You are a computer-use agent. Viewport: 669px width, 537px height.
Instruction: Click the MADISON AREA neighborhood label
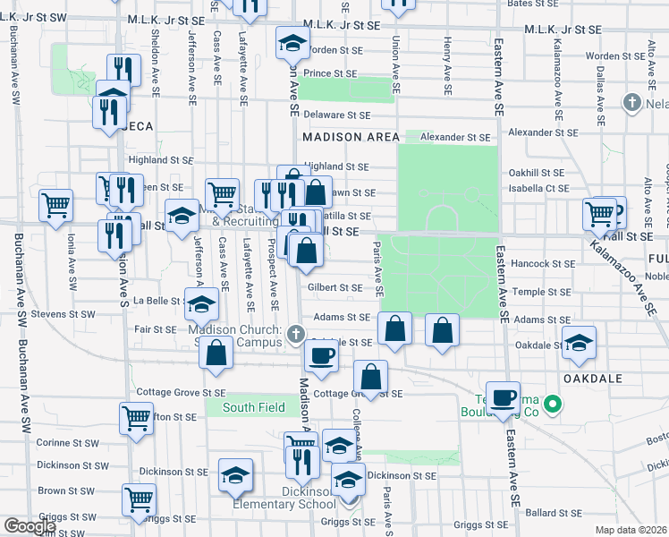[351, 137]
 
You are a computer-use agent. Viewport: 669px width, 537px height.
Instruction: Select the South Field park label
[254, 407]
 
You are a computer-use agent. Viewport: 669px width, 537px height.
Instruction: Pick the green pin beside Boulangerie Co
[553, 405]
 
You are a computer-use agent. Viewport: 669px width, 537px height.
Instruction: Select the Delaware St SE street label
[336, 115]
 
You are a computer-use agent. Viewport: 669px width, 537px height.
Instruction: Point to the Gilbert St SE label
[334, 287]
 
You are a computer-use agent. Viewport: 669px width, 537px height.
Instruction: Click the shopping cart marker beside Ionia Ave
[55, 205]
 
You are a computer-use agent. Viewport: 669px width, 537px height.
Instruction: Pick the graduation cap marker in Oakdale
[579, 342]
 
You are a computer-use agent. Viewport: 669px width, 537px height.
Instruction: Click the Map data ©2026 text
[631, 530]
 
